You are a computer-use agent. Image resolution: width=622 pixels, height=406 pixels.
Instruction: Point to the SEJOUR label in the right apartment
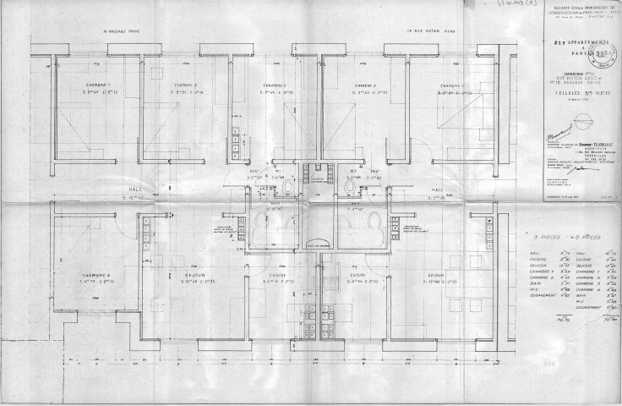[x=436, y=275]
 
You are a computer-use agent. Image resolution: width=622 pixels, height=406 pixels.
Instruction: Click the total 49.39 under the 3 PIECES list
[x=537, y=321]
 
